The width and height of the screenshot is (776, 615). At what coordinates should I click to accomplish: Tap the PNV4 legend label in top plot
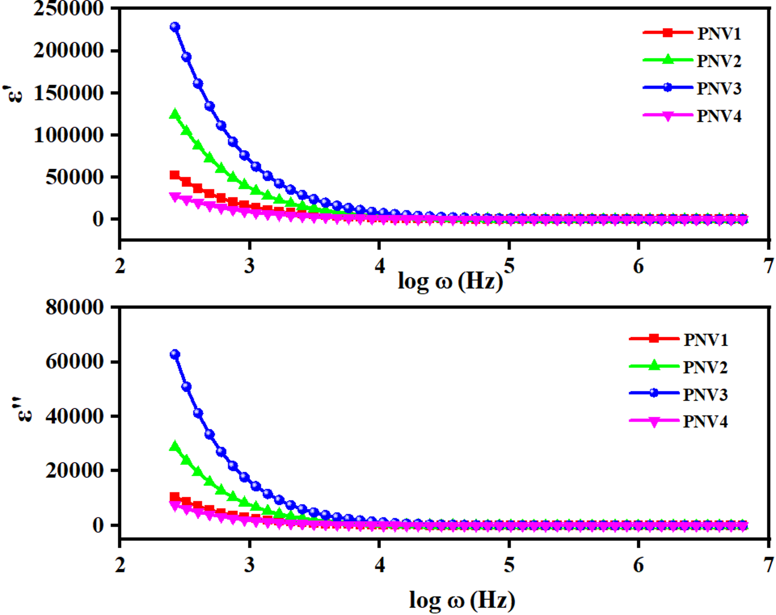tap(719, 116)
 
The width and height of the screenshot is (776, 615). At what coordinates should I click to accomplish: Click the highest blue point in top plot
tap(175, 27)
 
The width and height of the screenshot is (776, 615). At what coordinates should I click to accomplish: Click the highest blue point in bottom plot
tap(175, 354)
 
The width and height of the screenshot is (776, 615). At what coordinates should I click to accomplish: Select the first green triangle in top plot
tap(175, 114)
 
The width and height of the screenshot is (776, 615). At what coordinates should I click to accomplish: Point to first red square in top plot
tap(175, 175)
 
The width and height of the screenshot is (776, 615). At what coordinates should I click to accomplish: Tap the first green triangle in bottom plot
tap(175, 446)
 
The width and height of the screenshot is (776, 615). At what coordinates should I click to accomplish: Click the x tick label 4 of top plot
tap(379, 266)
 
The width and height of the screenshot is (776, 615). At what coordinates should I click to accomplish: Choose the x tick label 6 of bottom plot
tap(638, 565)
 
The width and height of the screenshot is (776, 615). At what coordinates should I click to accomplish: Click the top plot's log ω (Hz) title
tap(450, 281)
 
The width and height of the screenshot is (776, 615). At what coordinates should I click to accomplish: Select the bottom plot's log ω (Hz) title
tap(462, 600)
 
